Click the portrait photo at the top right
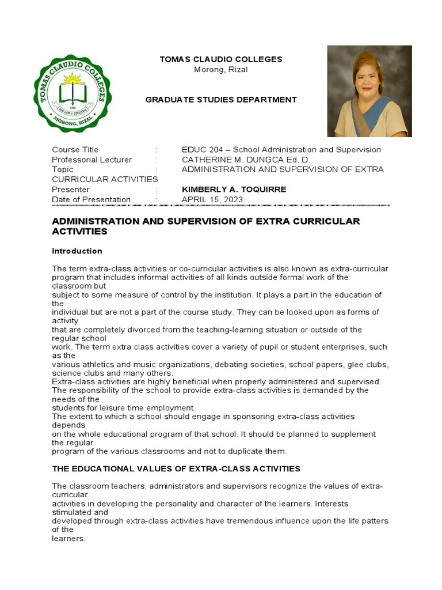[369, 91]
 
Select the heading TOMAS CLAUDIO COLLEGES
[220, 59]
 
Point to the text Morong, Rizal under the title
[221, 70]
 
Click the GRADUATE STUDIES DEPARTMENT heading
[221, 100]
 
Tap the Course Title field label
[75, 150]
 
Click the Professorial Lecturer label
[92, 160]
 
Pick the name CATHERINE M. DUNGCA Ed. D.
[246, 160]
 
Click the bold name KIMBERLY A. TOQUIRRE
[234, 190]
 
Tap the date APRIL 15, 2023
[212, 199]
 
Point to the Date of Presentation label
[91, 199]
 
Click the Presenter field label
[70, 190]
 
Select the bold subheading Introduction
[77, 251]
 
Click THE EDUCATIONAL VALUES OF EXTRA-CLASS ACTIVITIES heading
[176, 469]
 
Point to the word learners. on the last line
[68, 538]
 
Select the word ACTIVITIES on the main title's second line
[79, 232]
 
